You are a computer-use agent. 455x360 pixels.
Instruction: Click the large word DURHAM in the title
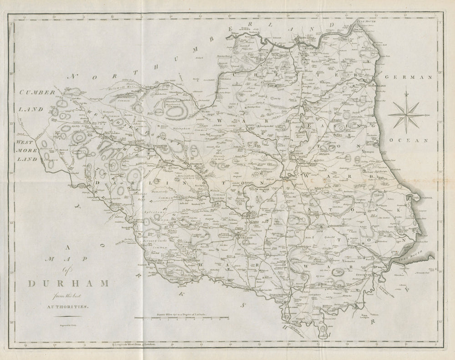coord(69,284)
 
